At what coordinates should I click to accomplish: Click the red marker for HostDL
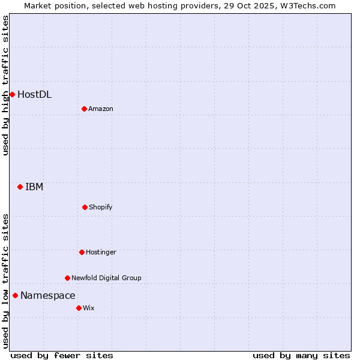(12, 94)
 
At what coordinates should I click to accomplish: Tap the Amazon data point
(84, 109)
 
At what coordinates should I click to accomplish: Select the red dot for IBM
(20, 187)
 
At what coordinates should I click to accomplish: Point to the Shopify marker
(85, 207)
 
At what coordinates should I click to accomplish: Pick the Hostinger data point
(82, 252)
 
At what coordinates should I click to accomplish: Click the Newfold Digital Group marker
(67, 278)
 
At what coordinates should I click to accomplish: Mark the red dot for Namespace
(15, 295)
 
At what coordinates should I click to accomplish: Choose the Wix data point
(79, 308)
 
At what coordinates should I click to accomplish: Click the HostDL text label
(34, 94)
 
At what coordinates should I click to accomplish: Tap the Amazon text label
(101, 109)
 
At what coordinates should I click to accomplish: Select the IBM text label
(34, 187)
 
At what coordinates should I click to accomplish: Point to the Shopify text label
(101, 207)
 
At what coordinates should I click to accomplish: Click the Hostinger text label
(101, 252)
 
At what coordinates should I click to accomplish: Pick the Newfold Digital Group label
(106, 278)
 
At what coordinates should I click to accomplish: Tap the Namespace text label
(48, 295)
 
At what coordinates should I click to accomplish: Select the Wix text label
(89, 308)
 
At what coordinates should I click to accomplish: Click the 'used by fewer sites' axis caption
(62, 355)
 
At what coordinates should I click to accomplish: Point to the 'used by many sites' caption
(301, 355)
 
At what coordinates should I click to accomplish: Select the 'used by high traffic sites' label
(5, 85)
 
